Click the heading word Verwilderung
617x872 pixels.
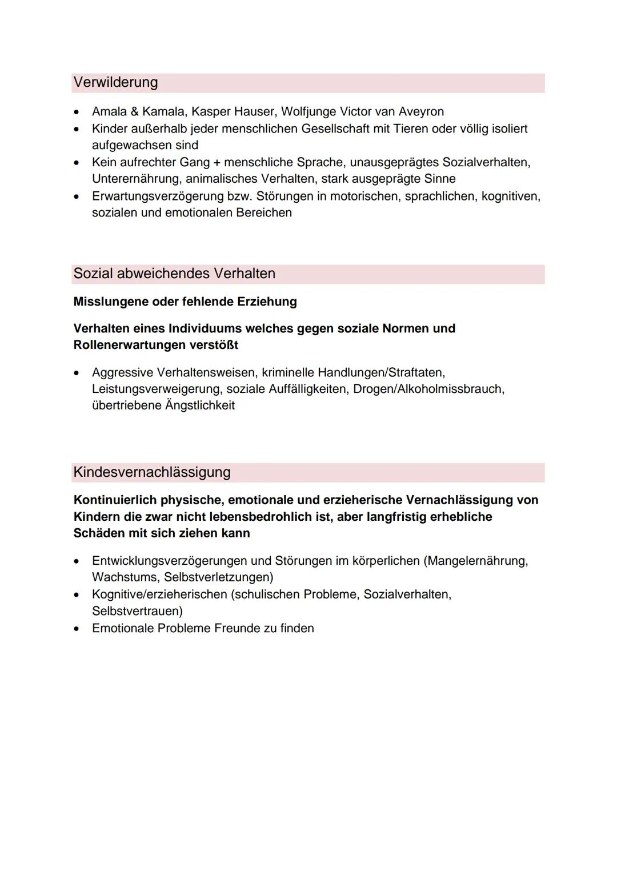[115, 83]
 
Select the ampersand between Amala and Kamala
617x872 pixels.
[135, 112]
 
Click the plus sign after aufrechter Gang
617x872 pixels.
[217, 163]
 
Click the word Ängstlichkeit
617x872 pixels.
[199, 406]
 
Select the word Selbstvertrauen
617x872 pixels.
[136, 611]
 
